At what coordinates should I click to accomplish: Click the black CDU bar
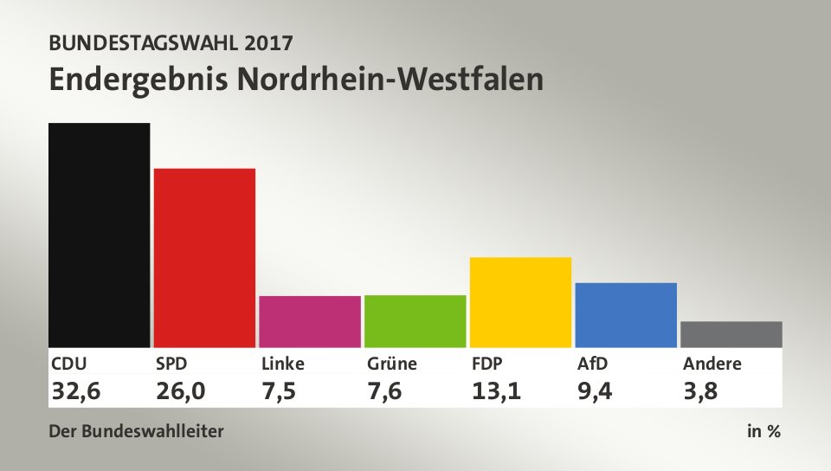(100, 235)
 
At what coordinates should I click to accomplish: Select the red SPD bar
(204, 257)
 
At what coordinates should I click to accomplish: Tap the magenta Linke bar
(310, 321)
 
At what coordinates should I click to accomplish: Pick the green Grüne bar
(415, 320)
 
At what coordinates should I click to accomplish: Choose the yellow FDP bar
(520, 302)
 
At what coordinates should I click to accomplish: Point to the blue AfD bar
(626, 314)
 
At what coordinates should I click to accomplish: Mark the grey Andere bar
(731, 334)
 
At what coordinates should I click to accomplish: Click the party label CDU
(69, 364)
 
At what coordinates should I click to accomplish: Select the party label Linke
(283, 364)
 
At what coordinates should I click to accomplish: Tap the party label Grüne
(390, 364)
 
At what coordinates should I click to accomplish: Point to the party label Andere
(712, 364)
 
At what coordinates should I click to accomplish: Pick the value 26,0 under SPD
(181, 391)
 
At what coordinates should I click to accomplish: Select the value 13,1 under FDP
(496, 391)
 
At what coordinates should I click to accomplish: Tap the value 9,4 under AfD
(596, 391)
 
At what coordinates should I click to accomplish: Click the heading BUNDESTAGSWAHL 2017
(171, 42)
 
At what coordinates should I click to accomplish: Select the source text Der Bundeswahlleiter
(137, 431)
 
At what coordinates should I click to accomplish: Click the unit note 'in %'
(763, 431)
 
